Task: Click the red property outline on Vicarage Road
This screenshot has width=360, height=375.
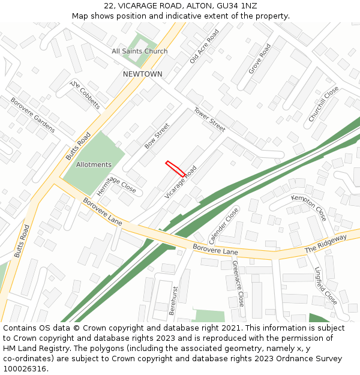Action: click(175, 169)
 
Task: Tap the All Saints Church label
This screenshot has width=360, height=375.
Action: click(140, 51)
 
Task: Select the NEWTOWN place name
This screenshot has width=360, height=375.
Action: click(142, 74)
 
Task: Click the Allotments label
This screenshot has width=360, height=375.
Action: click(94, 164)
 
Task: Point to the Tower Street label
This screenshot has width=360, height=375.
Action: click(209, 119)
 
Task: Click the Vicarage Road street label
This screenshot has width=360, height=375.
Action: click(181, 182)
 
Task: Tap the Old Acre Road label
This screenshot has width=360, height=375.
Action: click(203, 44)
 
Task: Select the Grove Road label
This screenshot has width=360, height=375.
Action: click(260, 58)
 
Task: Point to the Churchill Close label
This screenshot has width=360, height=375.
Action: click(323, 104)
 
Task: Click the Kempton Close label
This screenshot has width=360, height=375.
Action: click(309, 208)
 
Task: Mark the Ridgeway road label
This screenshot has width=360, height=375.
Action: click(326, 243)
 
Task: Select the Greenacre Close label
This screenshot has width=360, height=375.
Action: click(238, 283)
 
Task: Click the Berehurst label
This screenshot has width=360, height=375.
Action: click(173, 301)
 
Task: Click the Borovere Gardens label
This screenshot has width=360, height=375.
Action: click(32, 115)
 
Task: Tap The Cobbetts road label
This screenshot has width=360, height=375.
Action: click(85, 94)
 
